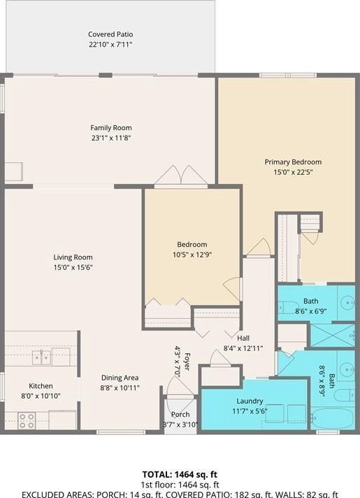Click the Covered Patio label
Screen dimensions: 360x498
110,34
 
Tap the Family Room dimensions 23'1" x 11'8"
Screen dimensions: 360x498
111,138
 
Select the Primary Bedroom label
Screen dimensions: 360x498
293,162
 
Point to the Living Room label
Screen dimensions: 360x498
73,257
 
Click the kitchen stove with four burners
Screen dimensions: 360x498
27,420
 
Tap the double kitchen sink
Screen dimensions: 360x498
41,357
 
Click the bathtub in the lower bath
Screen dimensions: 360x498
332,418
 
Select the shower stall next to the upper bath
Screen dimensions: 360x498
332,336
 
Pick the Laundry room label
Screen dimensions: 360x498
250,401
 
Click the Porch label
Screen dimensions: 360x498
180,415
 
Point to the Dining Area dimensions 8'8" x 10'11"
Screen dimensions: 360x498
120,387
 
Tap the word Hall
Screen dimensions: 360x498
243,338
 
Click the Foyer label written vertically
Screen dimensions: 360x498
187,362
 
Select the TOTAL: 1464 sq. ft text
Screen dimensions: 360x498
180,474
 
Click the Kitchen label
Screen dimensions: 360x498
41,386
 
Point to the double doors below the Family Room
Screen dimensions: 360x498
181,175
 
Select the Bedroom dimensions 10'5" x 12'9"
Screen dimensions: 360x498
192,255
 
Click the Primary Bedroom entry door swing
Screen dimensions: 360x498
259,247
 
